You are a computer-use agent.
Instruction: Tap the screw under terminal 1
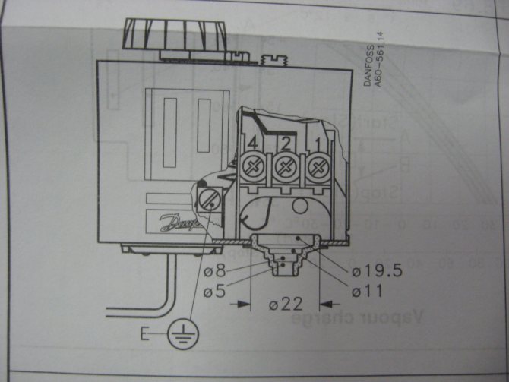tap(316, 165)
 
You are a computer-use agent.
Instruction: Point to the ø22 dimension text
tap(286, 305)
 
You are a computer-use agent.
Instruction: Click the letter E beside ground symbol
tap(144, 333)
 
